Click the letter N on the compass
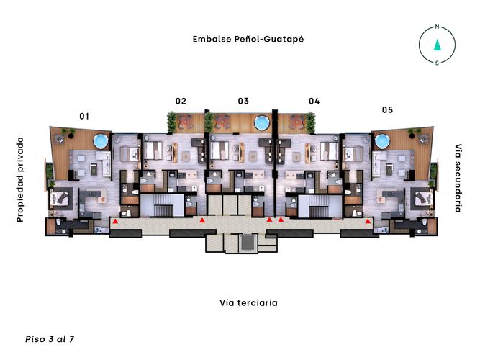437,27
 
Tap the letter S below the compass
437,63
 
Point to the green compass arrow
437,45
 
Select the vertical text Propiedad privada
20,179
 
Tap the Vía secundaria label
458,178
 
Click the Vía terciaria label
248,303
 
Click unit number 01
84,115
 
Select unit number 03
243,101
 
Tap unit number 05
387,110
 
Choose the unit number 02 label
181,101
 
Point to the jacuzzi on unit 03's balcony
261,123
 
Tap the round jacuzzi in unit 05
381,140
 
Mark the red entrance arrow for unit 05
368,222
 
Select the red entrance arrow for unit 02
202,220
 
